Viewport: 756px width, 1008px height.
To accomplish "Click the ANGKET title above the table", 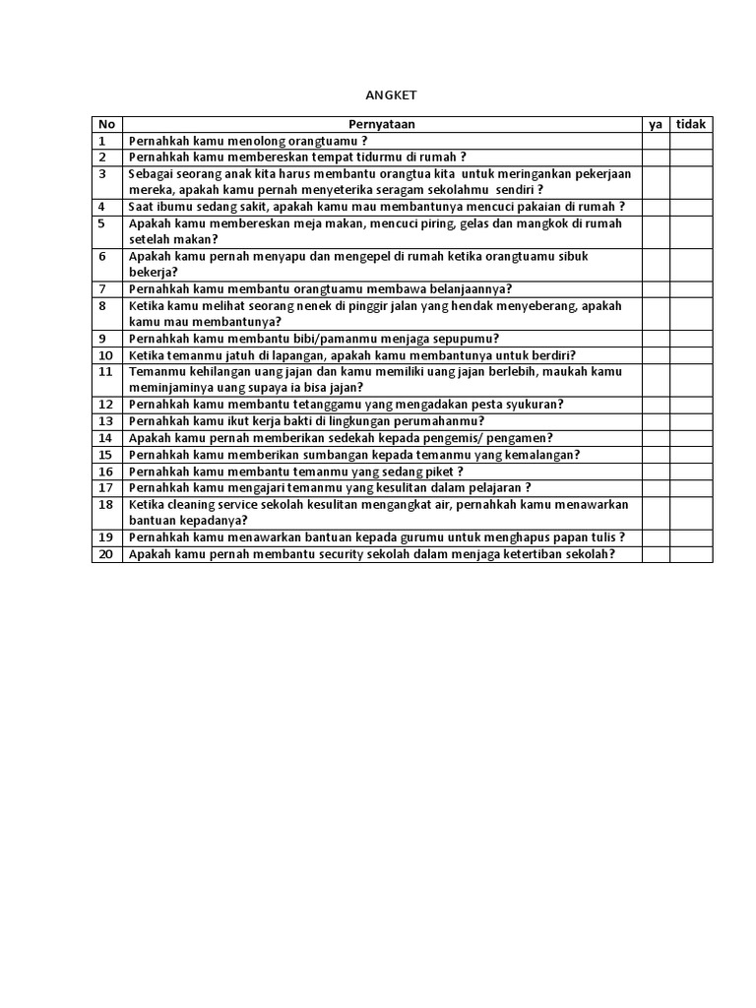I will [392, 94].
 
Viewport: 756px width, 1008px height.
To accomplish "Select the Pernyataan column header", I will [382, 124].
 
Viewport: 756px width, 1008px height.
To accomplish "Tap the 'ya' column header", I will [656, 124].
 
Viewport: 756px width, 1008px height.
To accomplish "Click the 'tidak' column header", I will [691, 124].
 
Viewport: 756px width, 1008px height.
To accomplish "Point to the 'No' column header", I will [106, 124].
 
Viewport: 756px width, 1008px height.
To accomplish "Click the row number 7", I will [101, 288].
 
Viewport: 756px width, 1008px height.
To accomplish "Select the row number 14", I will [105, 438].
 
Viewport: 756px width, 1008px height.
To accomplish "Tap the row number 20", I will [105, 554].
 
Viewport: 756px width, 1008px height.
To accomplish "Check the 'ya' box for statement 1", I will [656, 141].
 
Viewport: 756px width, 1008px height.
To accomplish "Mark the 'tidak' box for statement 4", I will [691, 207].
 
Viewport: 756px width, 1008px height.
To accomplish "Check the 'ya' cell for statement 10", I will [656, 355].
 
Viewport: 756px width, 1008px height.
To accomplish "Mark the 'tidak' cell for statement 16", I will [691, 472].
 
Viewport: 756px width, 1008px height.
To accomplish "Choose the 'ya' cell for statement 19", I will [656, 537].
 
